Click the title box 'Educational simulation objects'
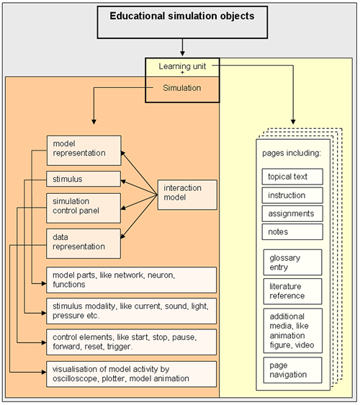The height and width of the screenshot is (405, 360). (x=182, y=22)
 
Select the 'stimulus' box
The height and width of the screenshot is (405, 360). (x=84, y=179)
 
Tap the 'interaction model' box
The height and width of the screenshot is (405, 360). (x=187, y=195)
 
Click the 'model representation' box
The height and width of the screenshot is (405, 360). (x=84, y=151)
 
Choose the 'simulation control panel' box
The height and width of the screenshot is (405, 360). (x=84, y=208)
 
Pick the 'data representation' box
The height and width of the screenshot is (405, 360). (x=84, y=244)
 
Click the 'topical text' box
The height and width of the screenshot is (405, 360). (x=292, y=177)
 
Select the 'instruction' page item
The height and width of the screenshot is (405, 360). (x=292, y=195)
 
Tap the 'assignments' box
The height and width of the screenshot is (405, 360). (x=292, y=213)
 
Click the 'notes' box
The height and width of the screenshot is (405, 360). (x=292, y=232)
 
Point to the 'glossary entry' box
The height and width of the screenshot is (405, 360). (x=292, y=262)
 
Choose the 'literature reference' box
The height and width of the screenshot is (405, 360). (x=292, y=291)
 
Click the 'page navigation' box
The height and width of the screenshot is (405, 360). (x=292, y=370)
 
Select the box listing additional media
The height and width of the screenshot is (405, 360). (x=292, y=331)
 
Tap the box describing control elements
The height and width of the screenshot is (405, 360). (x=131, y=342)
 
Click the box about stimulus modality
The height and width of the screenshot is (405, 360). (x=131, y=311)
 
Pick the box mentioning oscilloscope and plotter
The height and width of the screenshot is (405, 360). (x=131, y=374)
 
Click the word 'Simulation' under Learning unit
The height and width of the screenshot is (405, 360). (x=182, y=88)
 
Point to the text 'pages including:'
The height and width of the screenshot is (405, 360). (x=292, y=153)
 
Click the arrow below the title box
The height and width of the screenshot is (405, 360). (x=182, y=48)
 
